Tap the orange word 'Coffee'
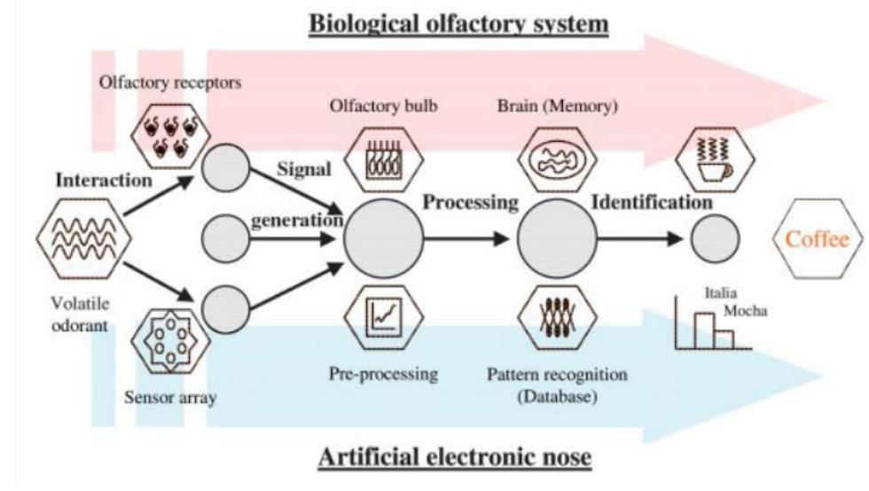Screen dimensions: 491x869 click(x=818, y=239)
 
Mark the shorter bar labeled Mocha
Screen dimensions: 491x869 click(x=724, y=338)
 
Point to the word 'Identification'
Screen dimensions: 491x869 click(x=652, y=202)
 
